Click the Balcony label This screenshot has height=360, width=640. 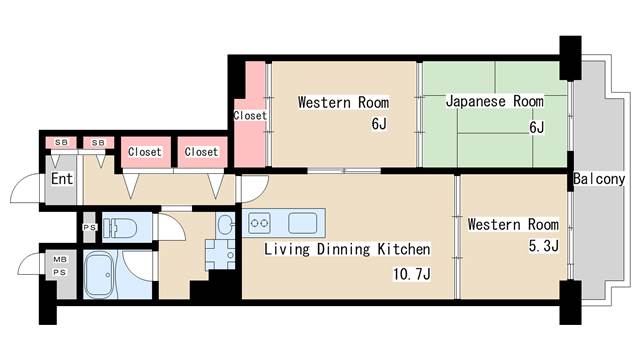[599, 179]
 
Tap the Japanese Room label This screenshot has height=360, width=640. [494, 101]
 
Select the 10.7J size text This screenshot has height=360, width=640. [411, 273]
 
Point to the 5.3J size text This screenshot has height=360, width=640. [544, 246]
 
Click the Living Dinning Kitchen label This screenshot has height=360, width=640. [347, 249]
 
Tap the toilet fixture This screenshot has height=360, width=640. [120, 228]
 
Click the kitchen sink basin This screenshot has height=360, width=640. [302, 223]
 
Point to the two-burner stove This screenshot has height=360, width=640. [260, 223]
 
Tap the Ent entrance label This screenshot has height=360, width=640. [62, 179]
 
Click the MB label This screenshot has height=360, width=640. [60, 259]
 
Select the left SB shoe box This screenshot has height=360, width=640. [61, 142]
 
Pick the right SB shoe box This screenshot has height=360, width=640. [98, 142]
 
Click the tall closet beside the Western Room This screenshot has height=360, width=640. [250, 115]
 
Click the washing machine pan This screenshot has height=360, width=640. [220, 254]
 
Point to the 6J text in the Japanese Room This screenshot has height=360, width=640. [536, 128]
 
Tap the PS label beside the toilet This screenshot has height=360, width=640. [90, 227]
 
